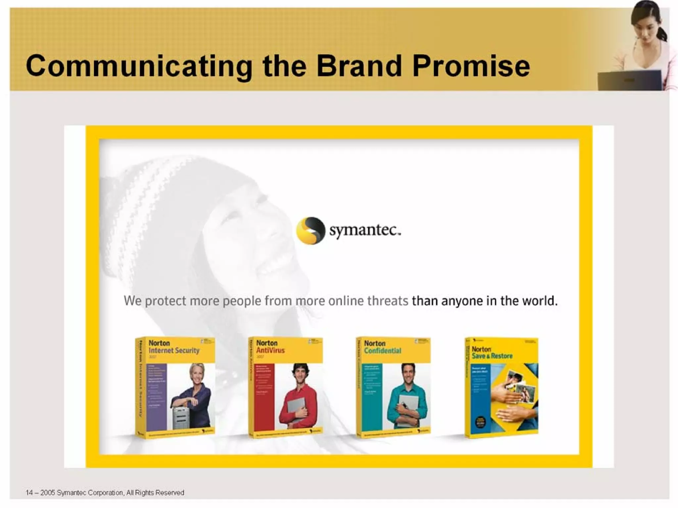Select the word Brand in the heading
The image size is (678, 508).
pyautogui.click(x=360, y=66)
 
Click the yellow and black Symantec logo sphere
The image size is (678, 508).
pyautogui.click(x=310, y=231)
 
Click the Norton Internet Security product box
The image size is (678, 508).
pyautogui.click(x=175, y=387)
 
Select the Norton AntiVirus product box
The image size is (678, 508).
pyautogui.click(x=285, y=387)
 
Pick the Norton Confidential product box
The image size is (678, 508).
pyautogui.click(x=393, y=387)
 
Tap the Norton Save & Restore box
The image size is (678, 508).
pyautogui.click(x=501, y=387)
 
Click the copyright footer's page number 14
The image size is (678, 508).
pyautogui.click(x=29, y=493)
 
